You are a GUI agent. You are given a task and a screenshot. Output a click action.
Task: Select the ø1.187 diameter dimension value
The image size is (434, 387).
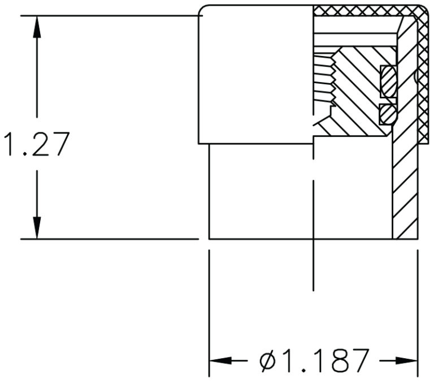pyautogui.click(x=315, y=360)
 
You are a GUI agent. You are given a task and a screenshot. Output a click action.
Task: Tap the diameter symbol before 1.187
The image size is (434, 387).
pyautogui.click(x=269, y=360)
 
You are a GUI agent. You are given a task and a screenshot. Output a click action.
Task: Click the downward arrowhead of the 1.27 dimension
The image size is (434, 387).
pyautogui.click(x=37, y=227)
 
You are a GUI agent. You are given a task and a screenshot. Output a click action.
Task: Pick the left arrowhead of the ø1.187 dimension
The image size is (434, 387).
pyautogui.click(x=220, y=360)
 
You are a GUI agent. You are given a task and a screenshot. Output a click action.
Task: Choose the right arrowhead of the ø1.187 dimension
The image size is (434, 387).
pyautogui.click(x=406, y=360)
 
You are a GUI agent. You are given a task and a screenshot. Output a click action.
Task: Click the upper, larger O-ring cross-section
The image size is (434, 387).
pyautogui.click(x=389, y=81)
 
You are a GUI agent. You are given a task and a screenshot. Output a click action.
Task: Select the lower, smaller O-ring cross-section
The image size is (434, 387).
pyautogui.click(x=388, y=114)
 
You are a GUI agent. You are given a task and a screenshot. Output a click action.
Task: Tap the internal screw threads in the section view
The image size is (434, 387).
pyautogui.click(x=324, y=79)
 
